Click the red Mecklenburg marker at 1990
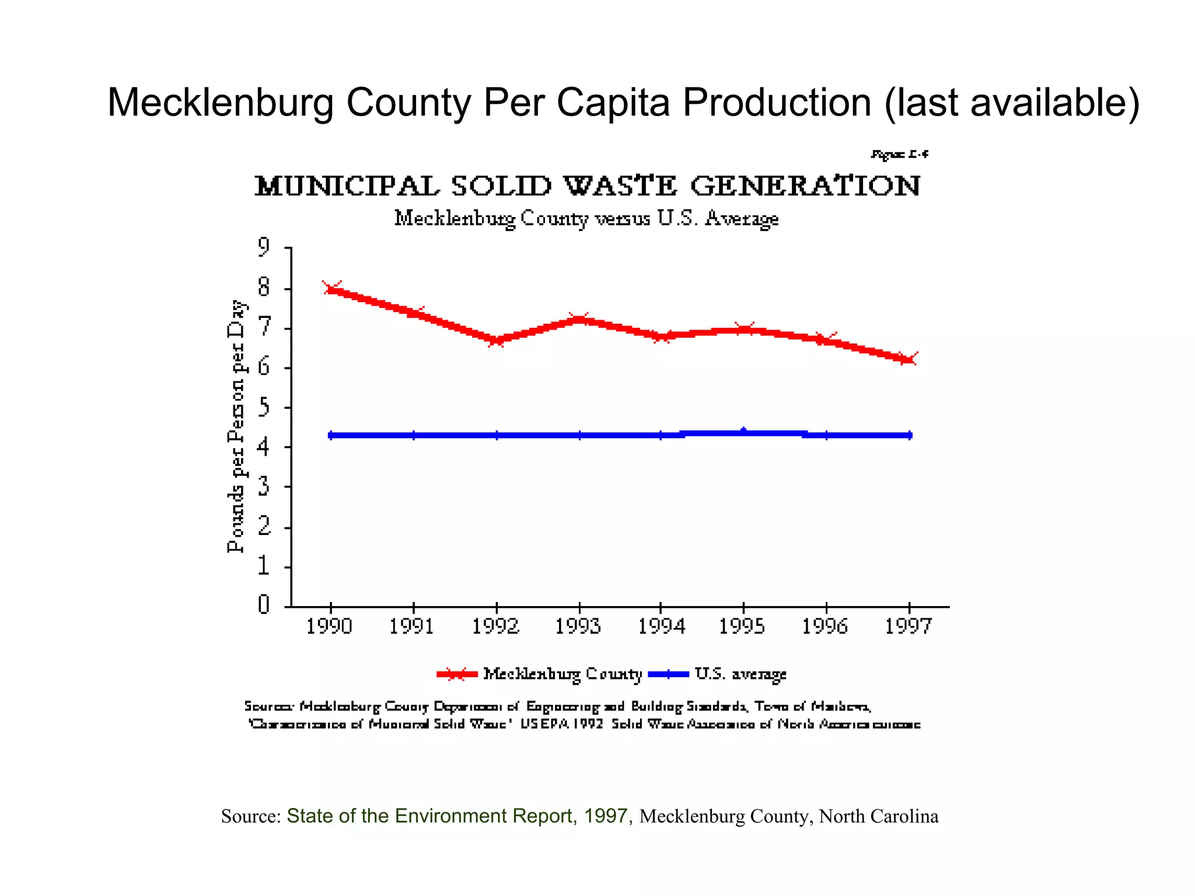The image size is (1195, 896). tap(331, 288)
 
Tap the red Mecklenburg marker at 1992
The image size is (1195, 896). tap(497, 340)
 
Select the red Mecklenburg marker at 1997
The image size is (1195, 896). tap(909, 359)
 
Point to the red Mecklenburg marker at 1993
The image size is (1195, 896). tap(579, 318)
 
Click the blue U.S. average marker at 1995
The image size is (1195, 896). tap(743, 432)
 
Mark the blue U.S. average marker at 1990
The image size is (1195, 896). tap(331, 435)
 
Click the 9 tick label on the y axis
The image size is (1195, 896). tap(264, 247)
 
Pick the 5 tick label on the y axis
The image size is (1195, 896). tap(264, 407)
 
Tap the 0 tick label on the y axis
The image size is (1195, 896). tap(264, 604)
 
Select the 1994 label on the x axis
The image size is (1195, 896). tap(661, 626)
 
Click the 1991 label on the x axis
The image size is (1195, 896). tap(412, 626)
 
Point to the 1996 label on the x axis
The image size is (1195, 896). tap(825, 626)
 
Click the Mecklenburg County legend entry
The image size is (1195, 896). tap(562, 674)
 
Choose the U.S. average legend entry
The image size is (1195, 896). tap(740, 674)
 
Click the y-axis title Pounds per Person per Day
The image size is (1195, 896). tap(236, 426)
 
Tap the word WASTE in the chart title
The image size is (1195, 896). tap(620, 186)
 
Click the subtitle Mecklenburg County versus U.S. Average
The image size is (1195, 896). tap(586, 219)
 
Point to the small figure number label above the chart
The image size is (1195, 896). tap(899, 155)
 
